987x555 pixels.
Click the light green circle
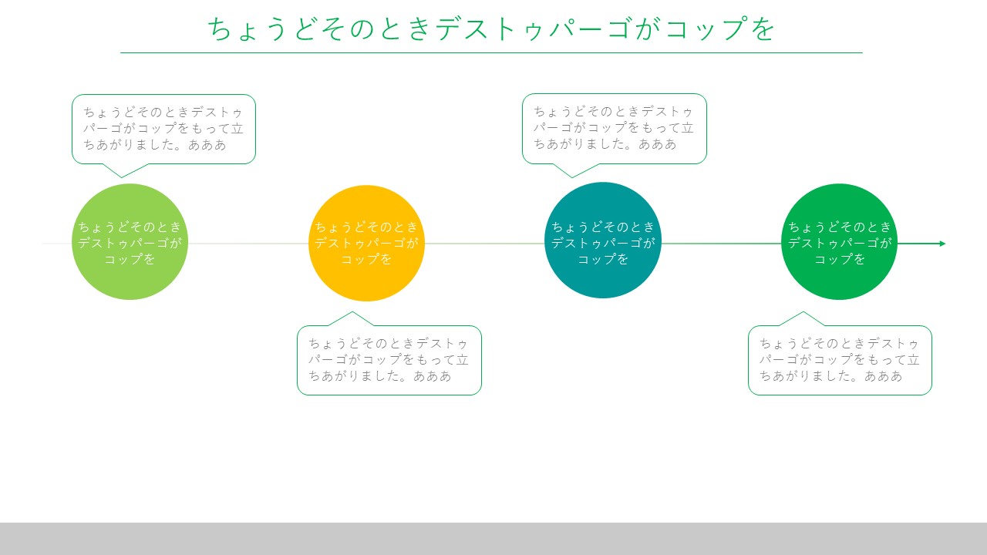coord(130,242)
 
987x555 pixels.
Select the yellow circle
coord(366,243)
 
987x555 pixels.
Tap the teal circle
coord(603,240)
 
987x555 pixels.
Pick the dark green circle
coord(839,242)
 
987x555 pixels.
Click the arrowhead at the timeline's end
coord(942,244)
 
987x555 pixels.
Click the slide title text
coord(491,29)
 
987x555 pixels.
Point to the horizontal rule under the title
coord(491,53)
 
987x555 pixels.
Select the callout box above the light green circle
coord(163,129)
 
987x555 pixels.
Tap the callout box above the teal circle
coord(615,129)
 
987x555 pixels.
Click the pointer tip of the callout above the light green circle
coord(122,177)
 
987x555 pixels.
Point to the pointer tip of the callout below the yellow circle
coord(352,312)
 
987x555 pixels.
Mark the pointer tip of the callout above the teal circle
coord(572,177)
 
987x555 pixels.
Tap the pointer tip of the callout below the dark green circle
coord(803,312)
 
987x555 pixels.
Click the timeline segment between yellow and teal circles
coord(485,244)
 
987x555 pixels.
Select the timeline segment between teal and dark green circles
coord(721,244)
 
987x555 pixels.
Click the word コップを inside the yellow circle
coord(366,260)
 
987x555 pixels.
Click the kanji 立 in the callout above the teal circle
coord(687,128)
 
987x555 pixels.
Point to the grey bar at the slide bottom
coord(493,539)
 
